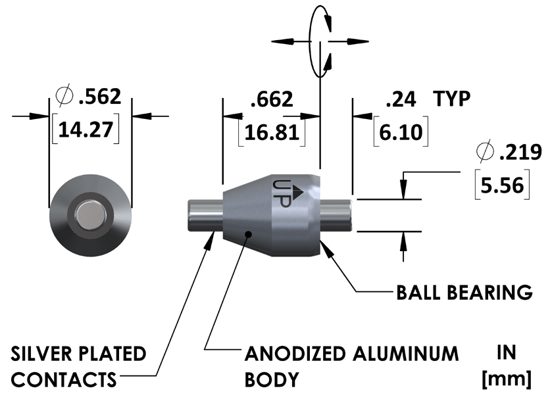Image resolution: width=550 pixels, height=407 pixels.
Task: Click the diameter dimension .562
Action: pos(99,97)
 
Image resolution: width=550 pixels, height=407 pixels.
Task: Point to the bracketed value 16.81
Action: pos(271,132)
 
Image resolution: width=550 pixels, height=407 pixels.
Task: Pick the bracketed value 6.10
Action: pos(401,132)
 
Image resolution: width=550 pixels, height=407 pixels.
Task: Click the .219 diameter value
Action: pos(519,153)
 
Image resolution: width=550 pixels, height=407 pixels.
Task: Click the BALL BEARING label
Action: pos(464,291)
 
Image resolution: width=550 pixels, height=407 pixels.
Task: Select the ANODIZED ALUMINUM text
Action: pos(351,354)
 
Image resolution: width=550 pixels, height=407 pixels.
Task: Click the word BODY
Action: pos(272,379)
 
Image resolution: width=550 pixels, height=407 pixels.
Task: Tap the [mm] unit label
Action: pos(507,379)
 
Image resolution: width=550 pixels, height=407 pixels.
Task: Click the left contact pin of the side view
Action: pos(203,214)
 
